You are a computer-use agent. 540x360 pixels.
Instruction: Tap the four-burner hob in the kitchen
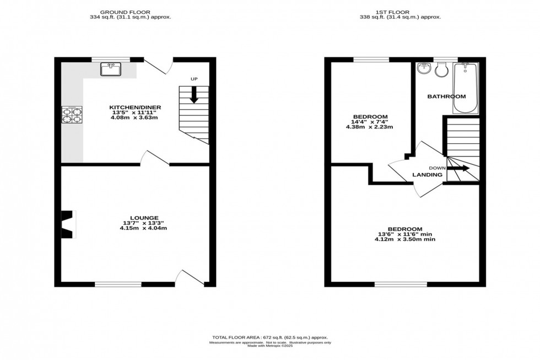[x=72, y=116]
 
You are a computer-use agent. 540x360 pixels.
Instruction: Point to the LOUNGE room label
[x=144, y=218]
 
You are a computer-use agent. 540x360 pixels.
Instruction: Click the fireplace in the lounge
[x=68, y=224]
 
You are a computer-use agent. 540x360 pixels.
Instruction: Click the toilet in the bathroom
[x=441, y=69]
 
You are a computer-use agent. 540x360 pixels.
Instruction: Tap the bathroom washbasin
[x=423, y=69]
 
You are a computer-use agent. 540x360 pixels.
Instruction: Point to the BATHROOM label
[x=446, y=96]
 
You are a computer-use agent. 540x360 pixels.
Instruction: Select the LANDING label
[x=428, y=175]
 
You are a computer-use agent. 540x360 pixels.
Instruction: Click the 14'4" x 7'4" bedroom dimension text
[x=369, y=122]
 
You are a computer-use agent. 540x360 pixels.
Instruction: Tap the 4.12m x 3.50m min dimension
[x=405, y=239]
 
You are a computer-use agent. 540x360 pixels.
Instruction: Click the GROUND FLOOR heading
[x=130, y=11]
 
